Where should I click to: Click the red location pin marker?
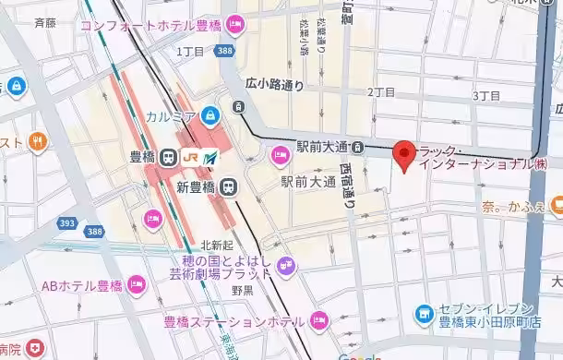(x=404, y=155)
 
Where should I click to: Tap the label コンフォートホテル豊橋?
(x=151, y=24)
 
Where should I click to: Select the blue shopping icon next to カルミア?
(x=210, y=115)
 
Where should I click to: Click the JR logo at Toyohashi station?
(x=191, y=157)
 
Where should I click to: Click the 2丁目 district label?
(x=381, y=92)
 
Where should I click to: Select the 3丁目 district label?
(x=485, y=95)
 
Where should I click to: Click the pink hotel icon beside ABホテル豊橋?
(x=138, y=282)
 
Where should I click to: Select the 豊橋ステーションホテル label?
(x=234, y=322)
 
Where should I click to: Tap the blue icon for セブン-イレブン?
(x=424, y=314)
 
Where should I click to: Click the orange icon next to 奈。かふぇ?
(x=556, y=204)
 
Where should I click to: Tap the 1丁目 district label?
(x=189, y=51)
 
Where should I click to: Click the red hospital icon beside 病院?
(x=35, y=349)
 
